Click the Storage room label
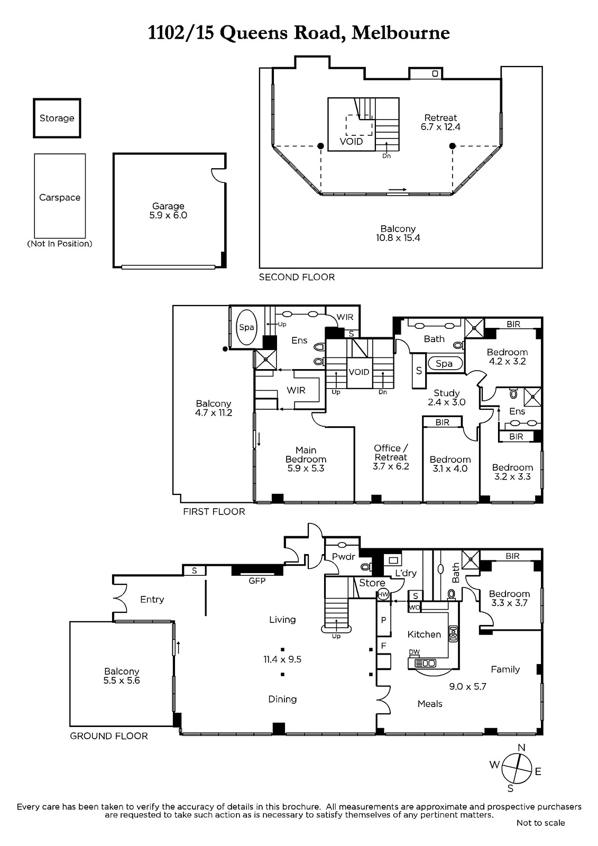pyautogui.click(x=57, y=118)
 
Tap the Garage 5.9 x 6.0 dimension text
pyautogui.click(x=168, y=215)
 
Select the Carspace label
pyautogui.click(x=60, y=198)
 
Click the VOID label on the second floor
pyautogui.click(x=351, y=142)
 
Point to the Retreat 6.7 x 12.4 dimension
pyautogui.click(x=440, y=127)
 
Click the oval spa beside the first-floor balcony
pyautogui.click(x=247, y=327)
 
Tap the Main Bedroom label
pyautogui.click(x=306, y=455)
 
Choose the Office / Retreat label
pyautogui.click(x=391, y=453)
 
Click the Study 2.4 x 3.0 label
pyautogui.click(x=446, y=398)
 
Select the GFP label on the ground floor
pyautogui.click(x=257, y=581)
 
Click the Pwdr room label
pyautogui.click(x=344, y=556)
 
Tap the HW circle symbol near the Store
pyautogui.click(x=383, y=594)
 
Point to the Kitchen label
pyautogui.click(x=424, y=635)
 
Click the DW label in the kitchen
pyautogui.click(x=415, y=651)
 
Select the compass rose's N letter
pyautogui.click(x=521, y=748)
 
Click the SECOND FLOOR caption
pyautogui.click(x=297, y=277)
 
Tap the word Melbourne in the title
pyautogui.click(x=401, y=33)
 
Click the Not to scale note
pyautogui.click(x=540, y=823)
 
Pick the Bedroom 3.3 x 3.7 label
pyautogui.click(x=509, y=598)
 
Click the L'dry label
pyautogui.click(x=406, y=573)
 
